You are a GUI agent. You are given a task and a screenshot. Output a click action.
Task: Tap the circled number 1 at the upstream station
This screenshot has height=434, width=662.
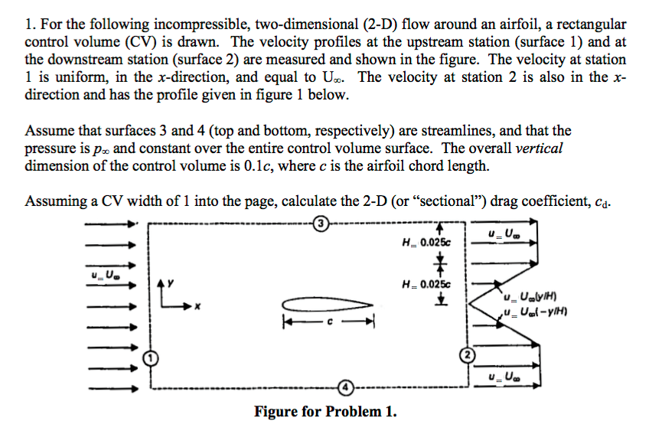click(x=152, y=357)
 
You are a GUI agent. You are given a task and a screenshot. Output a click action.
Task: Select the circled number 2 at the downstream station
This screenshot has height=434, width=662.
click(x=465, y=354)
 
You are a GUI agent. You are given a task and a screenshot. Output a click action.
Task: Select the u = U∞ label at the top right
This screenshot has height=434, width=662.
click(x=503, y=233)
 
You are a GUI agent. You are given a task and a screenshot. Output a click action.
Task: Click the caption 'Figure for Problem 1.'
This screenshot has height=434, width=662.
click(x=326, y=413)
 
